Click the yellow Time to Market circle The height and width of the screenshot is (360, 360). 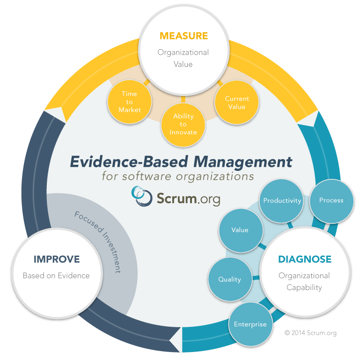[x=130, y=102]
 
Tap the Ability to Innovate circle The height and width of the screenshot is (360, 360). [x=183, y=125]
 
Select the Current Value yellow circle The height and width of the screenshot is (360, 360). [x=237, y=103]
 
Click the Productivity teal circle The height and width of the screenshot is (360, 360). [x=282, y=201]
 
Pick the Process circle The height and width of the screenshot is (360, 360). [x=331, y=201]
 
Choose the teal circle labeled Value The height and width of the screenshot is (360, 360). [x=241, y=230]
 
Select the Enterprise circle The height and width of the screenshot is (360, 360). [x=251, y=324]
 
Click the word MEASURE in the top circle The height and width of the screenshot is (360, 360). [x=184, y=36]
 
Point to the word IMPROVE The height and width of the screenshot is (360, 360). [x=57, y=259]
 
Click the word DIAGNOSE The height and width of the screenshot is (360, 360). [x=305, y=259]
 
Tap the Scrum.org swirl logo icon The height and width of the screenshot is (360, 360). [x=142, y=196]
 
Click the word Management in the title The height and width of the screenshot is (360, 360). [x=242, y=162]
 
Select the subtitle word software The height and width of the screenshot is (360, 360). [x=147, y=176]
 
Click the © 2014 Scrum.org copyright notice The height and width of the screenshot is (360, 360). [x=310, y=333]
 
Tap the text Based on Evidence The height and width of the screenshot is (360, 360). [x=56, y=276]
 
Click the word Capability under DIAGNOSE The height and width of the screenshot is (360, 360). [x=304, y=288]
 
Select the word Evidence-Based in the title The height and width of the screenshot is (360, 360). [x=129, y=162]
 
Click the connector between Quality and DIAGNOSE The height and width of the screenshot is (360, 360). [x=256, y=278]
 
